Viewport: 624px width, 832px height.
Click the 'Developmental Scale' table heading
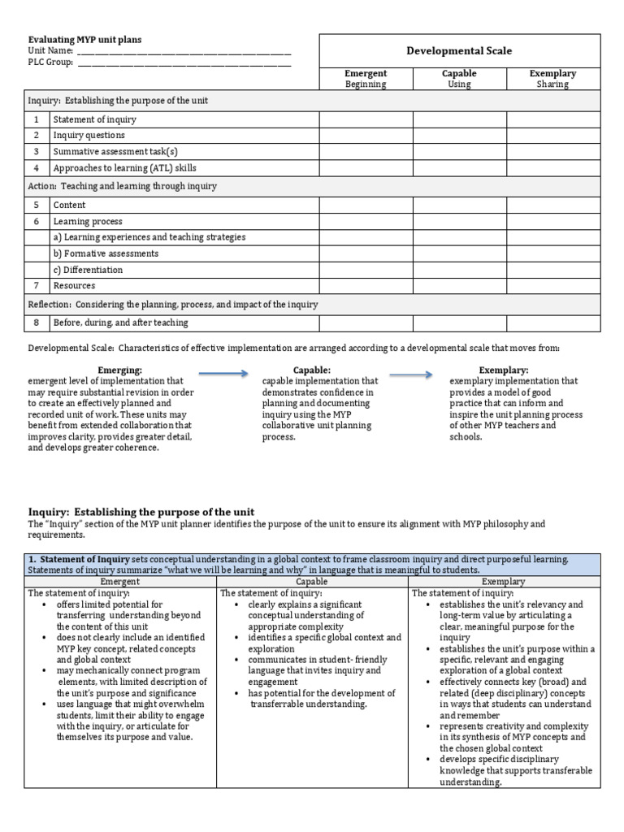tap(459, 50)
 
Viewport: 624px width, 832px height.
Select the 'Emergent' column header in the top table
tap(366, 74)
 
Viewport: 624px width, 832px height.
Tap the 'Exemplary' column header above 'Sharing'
tap(552, 74)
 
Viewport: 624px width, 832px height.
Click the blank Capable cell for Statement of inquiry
tap(459, 119)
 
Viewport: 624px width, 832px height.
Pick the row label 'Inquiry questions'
tap(89, 136)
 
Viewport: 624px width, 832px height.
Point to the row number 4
tap(37, 168)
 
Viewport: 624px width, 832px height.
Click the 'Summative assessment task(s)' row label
tap(115, 152)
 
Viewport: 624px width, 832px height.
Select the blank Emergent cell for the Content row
tap(366, 206)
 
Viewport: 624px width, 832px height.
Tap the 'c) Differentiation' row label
tap(88, 270)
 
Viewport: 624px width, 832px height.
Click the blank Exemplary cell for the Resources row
tap(552, 286)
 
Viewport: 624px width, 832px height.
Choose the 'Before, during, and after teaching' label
tap(120, 323)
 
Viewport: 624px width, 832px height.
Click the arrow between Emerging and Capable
tap(223, 373)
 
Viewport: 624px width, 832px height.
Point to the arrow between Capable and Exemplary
tap(410, 374)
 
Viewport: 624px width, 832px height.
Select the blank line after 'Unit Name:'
tap(184, 50)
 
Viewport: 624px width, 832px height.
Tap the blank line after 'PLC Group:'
tap(184, 62)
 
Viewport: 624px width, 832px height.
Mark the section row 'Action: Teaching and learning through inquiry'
tap(123, 186)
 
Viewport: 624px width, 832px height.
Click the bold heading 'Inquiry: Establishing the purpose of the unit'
tap(141, 512)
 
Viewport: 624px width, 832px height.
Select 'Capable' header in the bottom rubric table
tap(312, 582)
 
